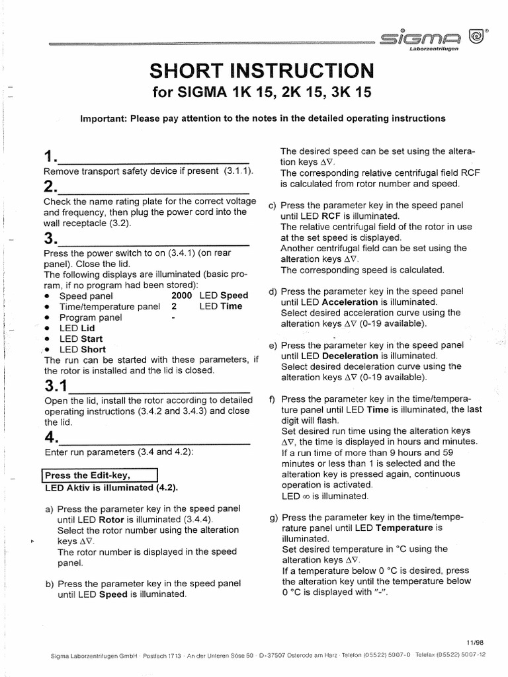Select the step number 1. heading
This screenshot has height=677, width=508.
pyautogui.click(x=50, y=157)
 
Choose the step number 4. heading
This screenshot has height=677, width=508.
pyautogui.click(x=50, y=438)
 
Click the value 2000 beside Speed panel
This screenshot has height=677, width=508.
pyautogui.click(x=182, y=296)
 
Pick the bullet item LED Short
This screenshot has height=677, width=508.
pyautogui.click(x=82, y=349)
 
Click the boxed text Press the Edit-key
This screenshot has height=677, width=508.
pyautogui.click(x=99, y=475)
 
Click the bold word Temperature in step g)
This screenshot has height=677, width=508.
pyautogui.click(x=405, y=528)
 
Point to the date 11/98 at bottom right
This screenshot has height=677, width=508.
pyautogui.click(x=474, y=641)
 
